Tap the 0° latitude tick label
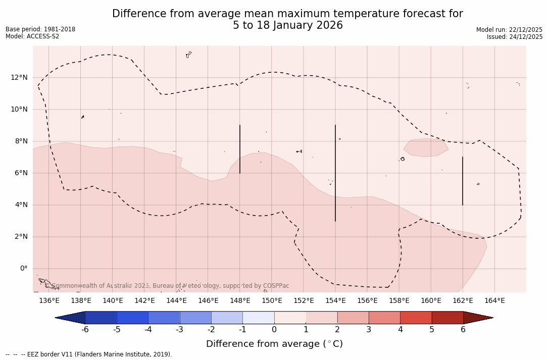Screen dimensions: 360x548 tap(23, 269)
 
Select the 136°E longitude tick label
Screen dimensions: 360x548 tap(49, 301)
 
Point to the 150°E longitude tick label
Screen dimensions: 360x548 tap(272, 301)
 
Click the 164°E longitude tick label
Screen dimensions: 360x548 tap(494, 301)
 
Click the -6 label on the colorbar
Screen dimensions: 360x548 tap(85, 330)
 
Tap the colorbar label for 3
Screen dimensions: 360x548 tap(369, 330)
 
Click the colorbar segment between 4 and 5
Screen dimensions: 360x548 tap(416, 318)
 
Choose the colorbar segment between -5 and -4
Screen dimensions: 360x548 tap(132, 318)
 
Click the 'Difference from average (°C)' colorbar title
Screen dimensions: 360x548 tap(274, 344)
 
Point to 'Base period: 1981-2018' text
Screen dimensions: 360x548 tap(40, 29)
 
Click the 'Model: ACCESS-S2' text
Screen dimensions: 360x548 tap(32, 36)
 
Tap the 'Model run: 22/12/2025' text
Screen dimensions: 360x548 tap(509, 30)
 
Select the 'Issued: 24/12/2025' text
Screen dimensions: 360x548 tap(515, 37)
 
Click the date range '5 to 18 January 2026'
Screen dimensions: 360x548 tap(287, 25)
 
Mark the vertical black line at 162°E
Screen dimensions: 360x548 tap(463, 181)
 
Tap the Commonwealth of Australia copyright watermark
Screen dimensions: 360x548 tap(169, 286)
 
